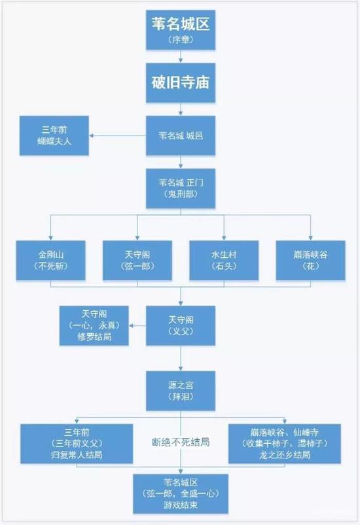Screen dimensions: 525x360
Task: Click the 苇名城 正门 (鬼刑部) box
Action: point(181,189)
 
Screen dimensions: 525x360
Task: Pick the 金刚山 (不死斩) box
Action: point(50,261)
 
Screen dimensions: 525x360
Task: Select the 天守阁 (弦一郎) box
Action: point(137,261)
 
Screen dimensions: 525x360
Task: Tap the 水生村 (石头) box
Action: point(224,261)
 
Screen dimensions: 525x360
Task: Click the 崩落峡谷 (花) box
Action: point(310,261)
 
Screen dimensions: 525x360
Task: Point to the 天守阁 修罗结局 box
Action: point(94,325)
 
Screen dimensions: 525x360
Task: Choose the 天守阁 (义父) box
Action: point(181,325)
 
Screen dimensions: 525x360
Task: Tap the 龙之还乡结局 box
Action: point(285,443)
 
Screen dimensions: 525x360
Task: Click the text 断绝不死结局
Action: point(181,443)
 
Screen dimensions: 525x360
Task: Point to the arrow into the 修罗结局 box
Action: point(137,325)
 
